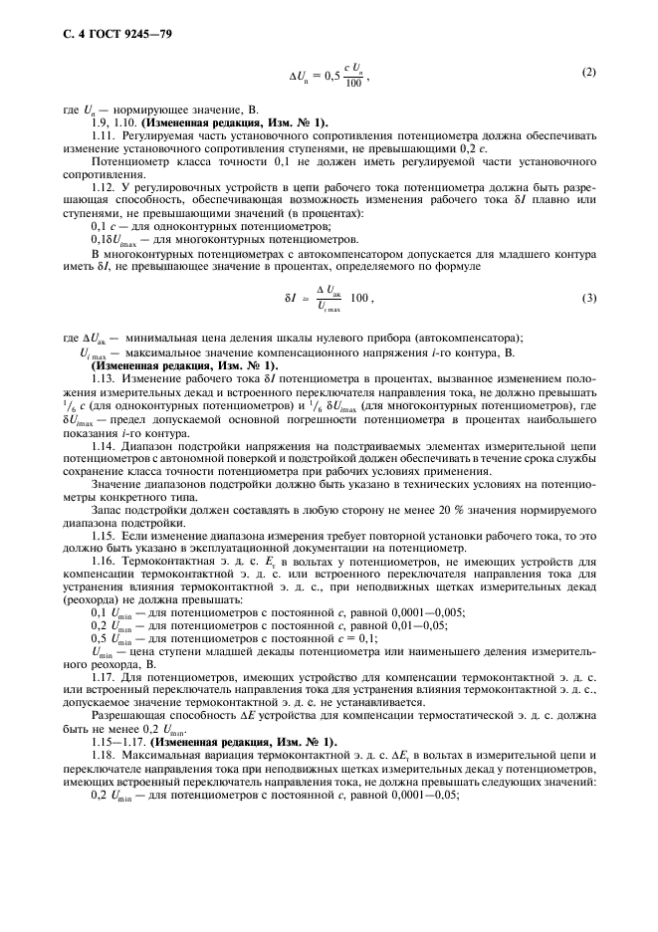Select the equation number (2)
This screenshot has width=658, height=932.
[x=588, y=74]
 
